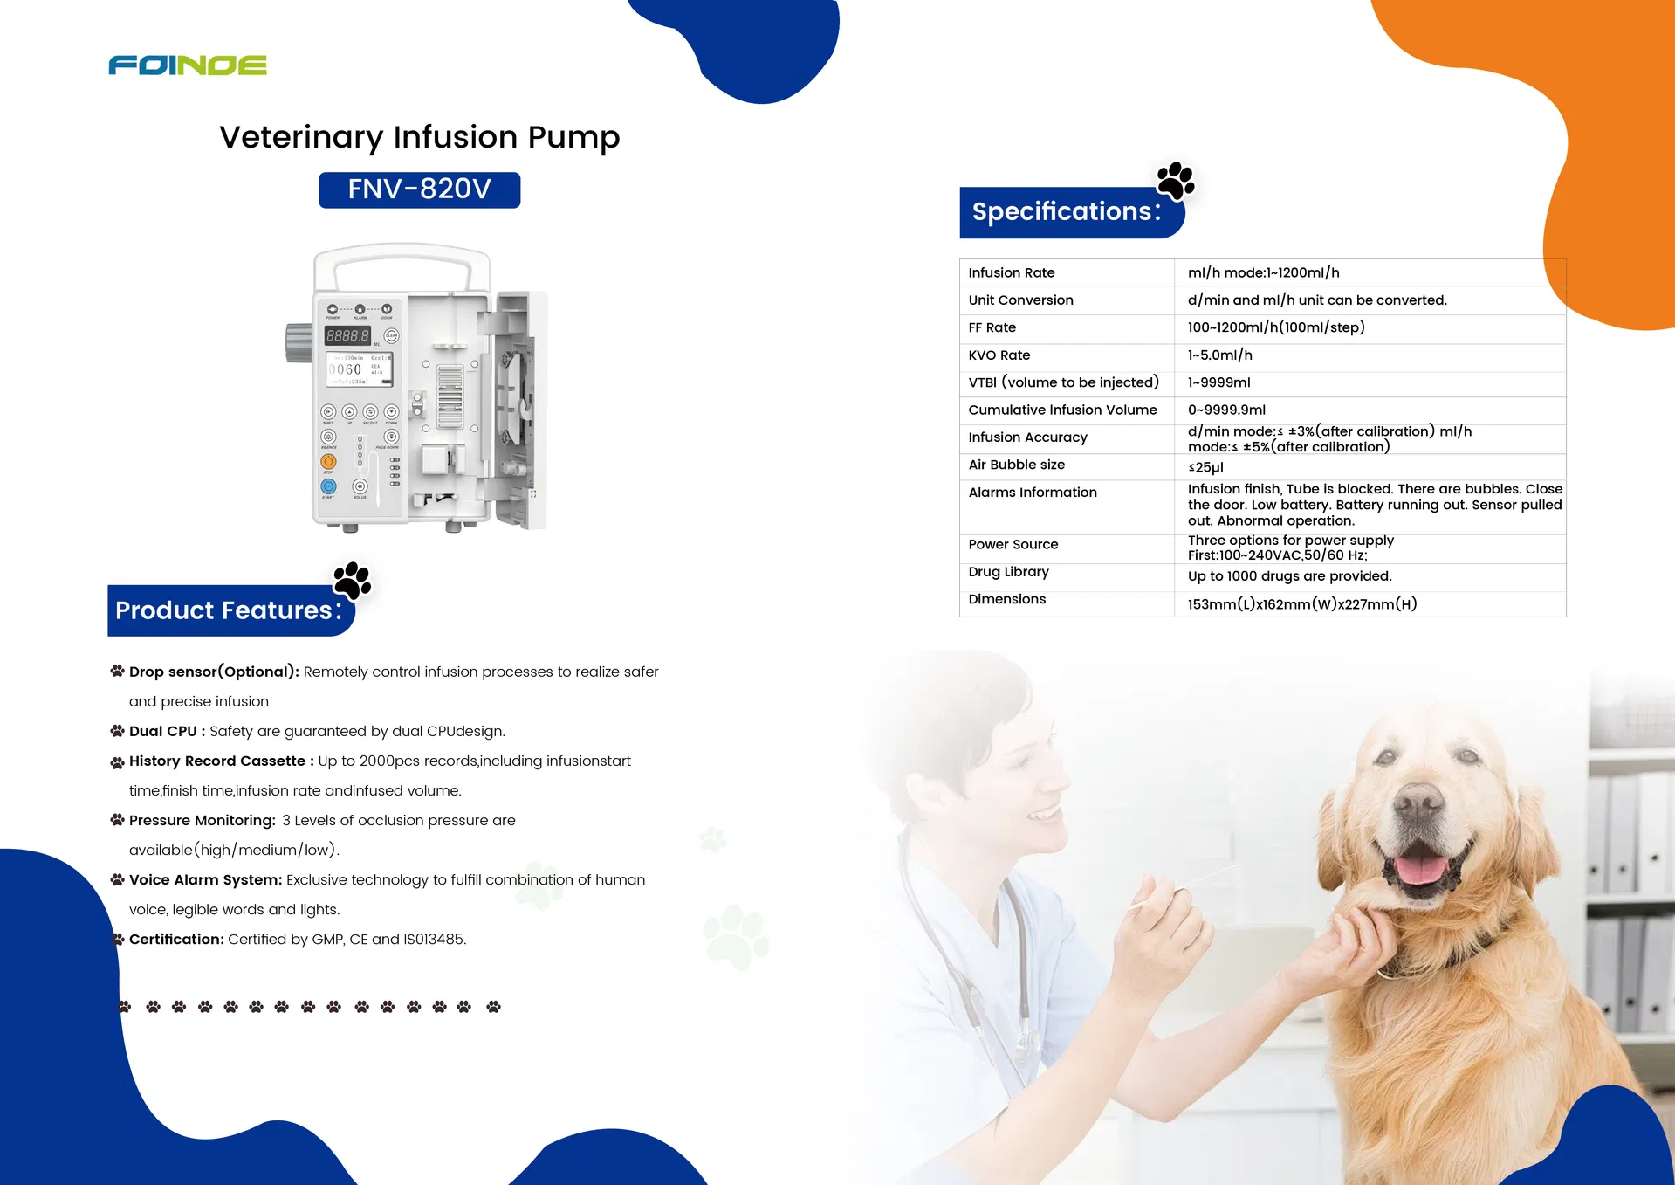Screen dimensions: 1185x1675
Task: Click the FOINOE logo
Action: pos(188,65)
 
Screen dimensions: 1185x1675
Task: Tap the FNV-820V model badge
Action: pos(419,189)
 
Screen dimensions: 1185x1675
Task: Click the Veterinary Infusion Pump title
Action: pos(419,137)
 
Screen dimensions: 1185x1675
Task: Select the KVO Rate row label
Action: pos(999,355)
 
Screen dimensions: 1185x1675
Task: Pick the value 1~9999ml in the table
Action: pos(1218,382)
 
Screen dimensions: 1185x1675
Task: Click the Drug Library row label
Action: pos(1008,572)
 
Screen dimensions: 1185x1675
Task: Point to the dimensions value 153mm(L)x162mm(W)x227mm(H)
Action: pos(1301,604)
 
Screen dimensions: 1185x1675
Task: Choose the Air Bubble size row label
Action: pos(1016,465)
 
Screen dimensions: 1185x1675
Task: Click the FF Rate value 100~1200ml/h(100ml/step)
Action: pos(1275,327)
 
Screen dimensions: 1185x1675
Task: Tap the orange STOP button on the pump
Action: pos(328,461)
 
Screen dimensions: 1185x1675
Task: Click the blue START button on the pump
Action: pos(328,486)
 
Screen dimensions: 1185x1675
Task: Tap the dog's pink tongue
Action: pos(1420,869)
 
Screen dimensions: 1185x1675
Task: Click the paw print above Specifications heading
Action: pos(1175,181)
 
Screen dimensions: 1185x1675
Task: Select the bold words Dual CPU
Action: pos(163,732)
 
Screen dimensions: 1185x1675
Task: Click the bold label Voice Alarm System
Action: pos(205,880)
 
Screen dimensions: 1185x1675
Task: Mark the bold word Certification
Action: pos(176,940)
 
